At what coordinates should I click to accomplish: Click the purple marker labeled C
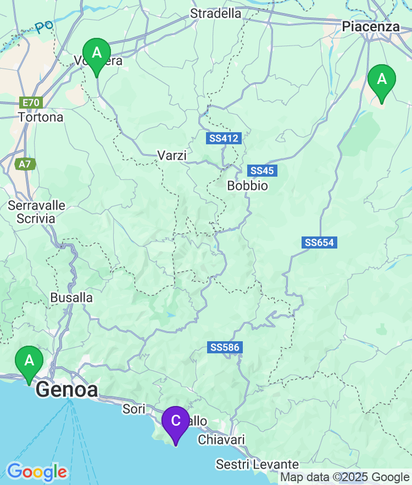tap(175, 421)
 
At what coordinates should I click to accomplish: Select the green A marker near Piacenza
tap(381, 80)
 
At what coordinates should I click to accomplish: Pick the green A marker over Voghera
tap(97, 54)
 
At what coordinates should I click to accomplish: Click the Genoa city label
tap(67, 390)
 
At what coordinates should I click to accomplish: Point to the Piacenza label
tap(371, 26)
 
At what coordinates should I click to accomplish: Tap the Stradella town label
tap(215, 13)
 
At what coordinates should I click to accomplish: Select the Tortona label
tap(41, 117)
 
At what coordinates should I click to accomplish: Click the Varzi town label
tap(172, 155)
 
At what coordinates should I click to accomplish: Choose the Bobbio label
tap(248, 185)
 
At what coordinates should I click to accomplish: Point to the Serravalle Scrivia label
tap(36, 212)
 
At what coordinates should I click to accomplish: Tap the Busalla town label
tap(71, 297)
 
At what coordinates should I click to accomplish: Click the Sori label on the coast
tap(133, 409)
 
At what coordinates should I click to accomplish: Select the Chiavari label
tap(221, 439)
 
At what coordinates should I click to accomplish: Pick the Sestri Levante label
tap(257, 465)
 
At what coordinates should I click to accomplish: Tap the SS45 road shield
tap(262, 171)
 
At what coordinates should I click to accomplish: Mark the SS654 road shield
tap(319, 242)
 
